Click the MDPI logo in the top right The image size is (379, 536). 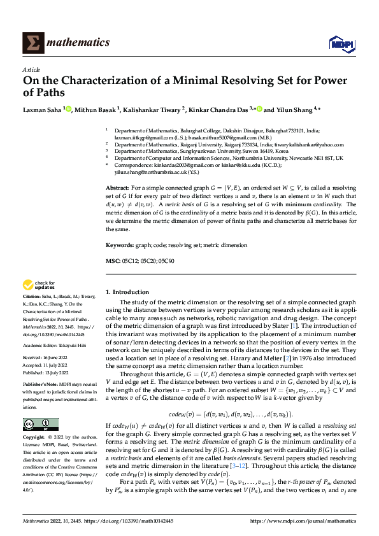coord(340,43)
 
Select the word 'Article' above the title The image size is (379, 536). coord(31,69)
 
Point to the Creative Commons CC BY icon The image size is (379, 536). coord(36,406)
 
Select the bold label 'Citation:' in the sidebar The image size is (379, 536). coord(32,297)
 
